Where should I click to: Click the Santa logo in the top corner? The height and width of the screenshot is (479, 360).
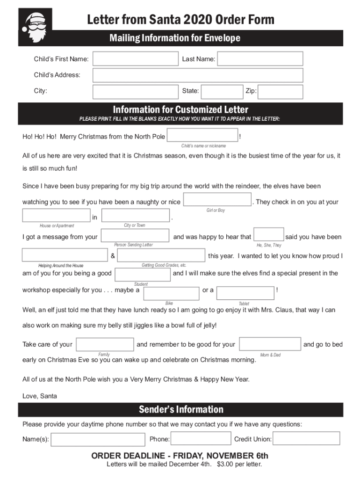[35, 27]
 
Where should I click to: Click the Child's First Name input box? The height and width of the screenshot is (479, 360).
[135, 58]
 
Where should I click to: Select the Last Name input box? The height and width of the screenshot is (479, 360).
[260, 58]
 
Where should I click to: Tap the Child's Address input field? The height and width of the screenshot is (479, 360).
[197, 75]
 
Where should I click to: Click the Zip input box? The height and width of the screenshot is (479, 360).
[280, 91]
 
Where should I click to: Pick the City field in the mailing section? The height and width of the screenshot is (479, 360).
[135, 91]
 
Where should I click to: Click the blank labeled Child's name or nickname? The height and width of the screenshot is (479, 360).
[202, 136]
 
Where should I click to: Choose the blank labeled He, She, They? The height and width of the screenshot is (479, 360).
[269, 234]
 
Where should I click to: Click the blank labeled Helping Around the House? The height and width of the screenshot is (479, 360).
[65, 255]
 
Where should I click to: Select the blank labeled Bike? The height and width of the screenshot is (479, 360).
[172, 293]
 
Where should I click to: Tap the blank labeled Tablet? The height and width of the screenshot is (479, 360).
[245, 293]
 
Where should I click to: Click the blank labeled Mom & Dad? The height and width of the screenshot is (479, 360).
[270, 344]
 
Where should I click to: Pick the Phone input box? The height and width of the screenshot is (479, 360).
[201, 439]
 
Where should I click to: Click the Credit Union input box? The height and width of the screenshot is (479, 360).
[306, 438]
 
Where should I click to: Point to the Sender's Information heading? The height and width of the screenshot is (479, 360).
[181, 410]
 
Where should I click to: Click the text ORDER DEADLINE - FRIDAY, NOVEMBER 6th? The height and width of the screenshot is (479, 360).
[180, 456]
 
